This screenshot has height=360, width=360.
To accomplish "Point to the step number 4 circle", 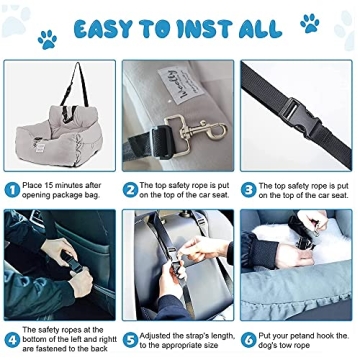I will pos(12,338).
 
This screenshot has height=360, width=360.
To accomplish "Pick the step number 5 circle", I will pos(130,338).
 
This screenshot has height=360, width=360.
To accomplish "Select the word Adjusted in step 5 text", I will pos(158,335).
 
